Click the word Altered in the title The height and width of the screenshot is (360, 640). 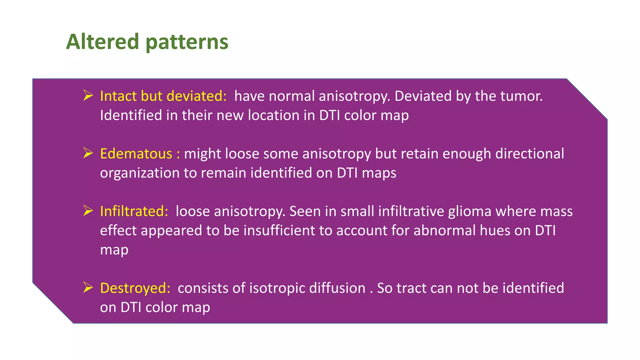(102, 42)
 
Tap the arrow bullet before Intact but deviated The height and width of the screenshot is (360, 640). (88, 95)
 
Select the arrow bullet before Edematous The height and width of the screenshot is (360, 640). (88, 153)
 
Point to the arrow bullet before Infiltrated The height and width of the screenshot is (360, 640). (88, 211)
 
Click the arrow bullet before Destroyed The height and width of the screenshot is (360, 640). (88, 287)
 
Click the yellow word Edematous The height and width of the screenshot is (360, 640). (136, 154)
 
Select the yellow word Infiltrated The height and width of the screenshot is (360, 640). (134, 211)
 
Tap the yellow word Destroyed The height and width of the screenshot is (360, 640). (135, 288)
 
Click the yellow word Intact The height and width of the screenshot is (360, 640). (118, 96)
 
